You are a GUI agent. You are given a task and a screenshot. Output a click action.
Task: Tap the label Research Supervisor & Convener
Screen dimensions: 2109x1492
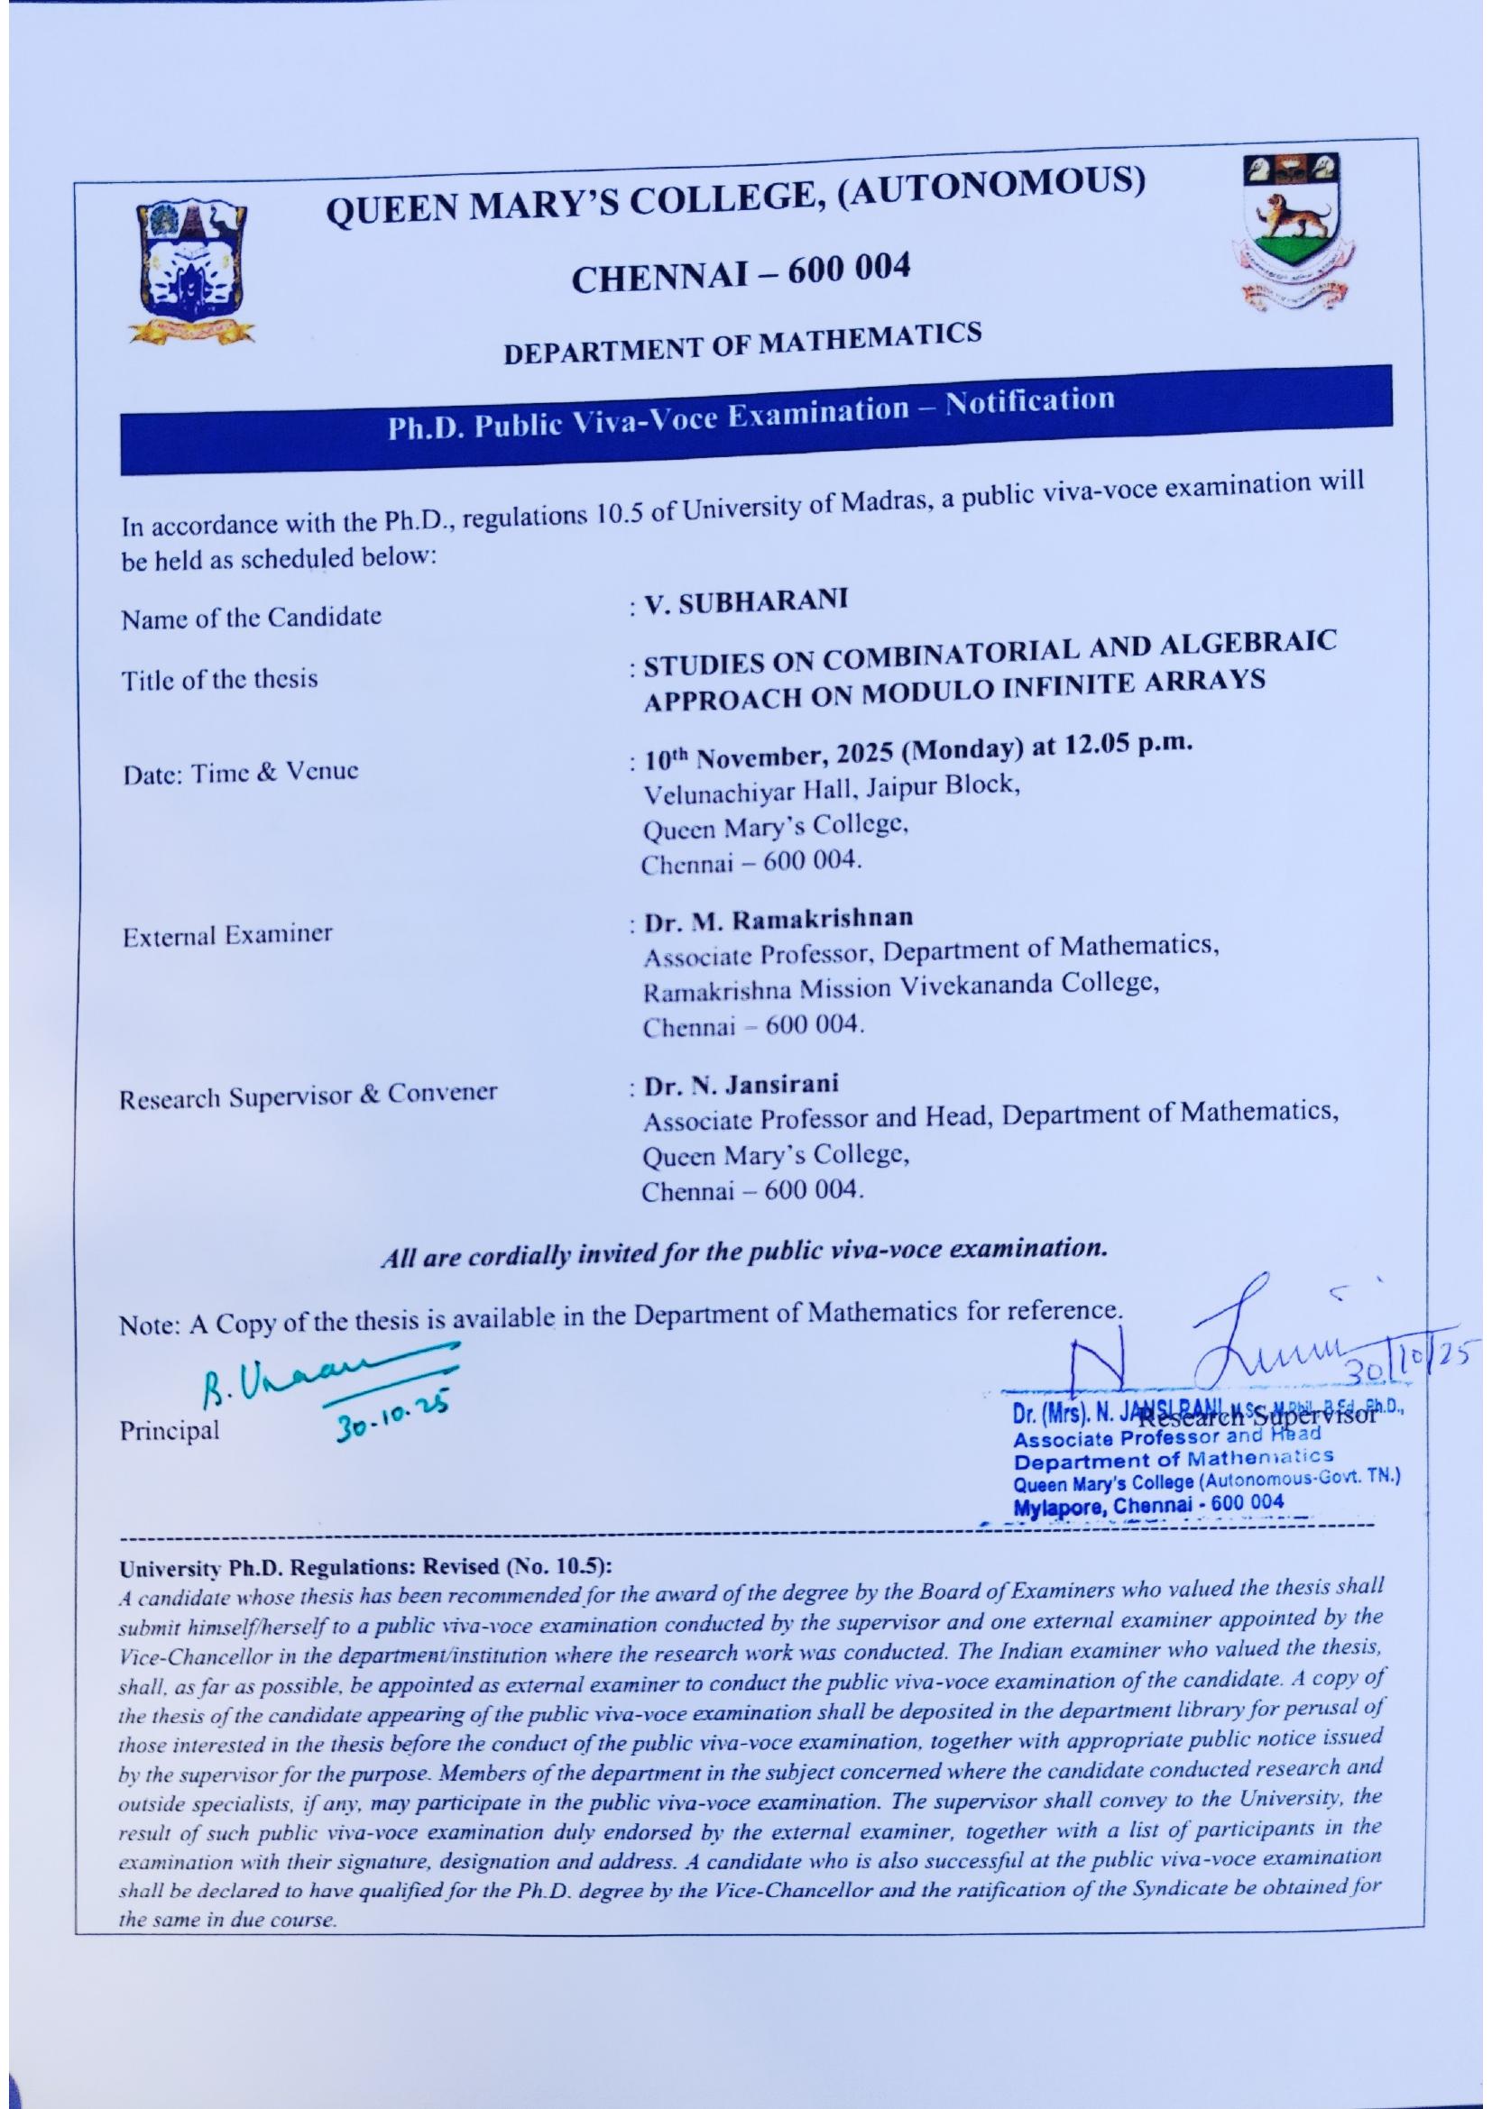309,1093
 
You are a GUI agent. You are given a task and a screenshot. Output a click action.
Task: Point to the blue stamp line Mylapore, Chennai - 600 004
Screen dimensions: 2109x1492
1147,1507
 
